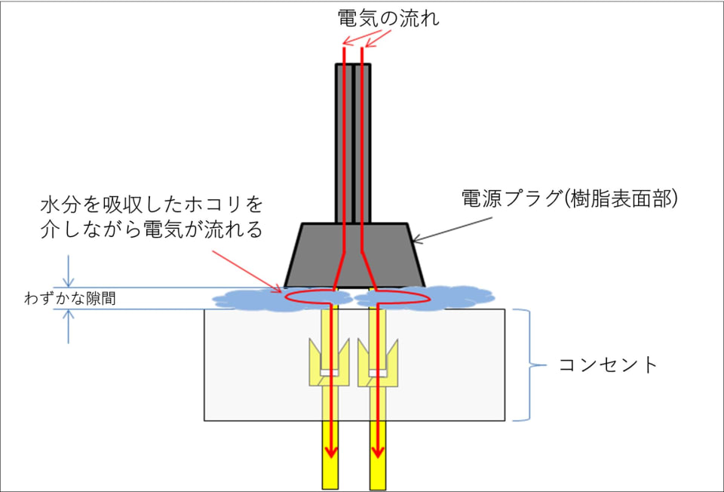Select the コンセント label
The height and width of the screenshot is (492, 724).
click(x=608, y=366)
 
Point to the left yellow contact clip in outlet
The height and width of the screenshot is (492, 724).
click(x=328, y=360)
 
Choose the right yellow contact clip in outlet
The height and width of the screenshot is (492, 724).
click(x=377, y=360)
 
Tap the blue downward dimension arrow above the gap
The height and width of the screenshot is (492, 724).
click(x=69, y=271)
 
